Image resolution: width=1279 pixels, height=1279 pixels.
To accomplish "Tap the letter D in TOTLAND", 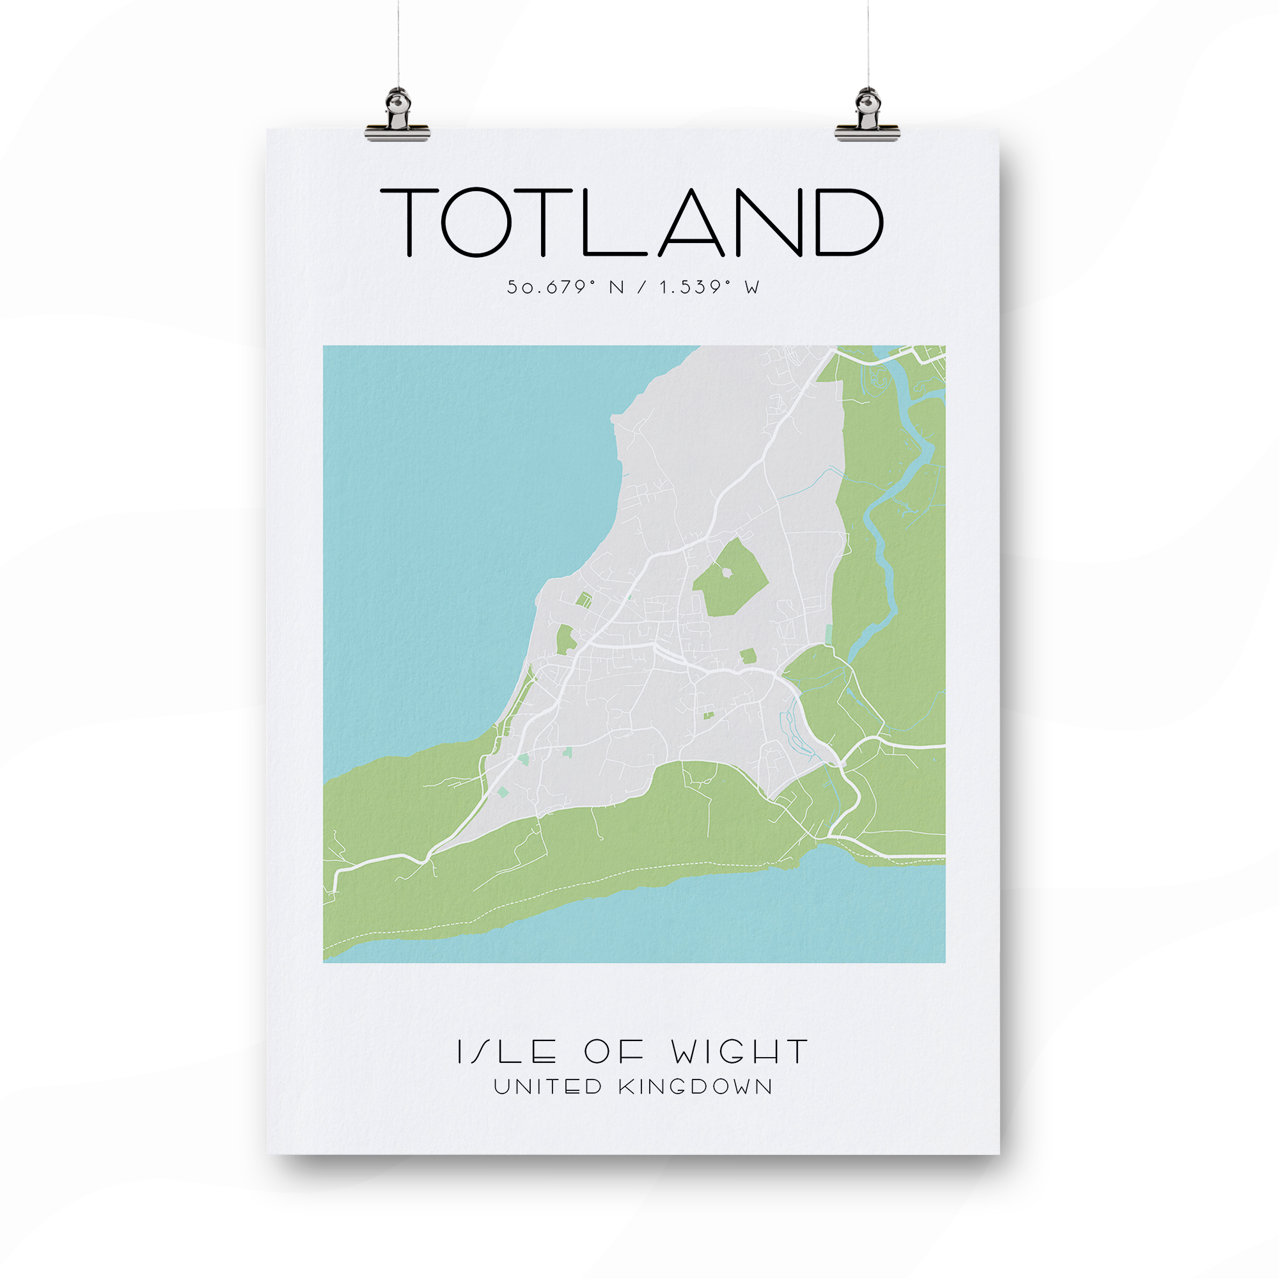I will point(849,223).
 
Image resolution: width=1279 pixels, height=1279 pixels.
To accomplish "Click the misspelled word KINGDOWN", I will point(695,1087).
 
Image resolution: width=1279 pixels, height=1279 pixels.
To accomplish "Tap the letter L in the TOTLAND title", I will point(613,223).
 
